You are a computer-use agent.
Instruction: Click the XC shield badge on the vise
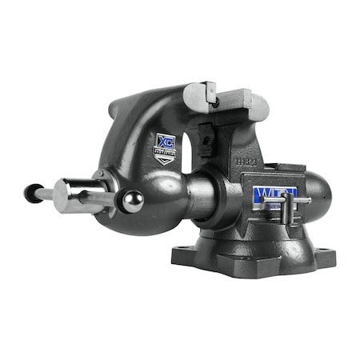point(164,147)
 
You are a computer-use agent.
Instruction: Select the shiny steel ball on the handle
point(133,202)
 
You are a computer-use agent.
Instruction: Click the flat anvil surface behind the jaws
point(284,170)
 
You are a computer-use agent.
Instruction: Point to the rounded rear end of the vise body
point(318,195)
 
